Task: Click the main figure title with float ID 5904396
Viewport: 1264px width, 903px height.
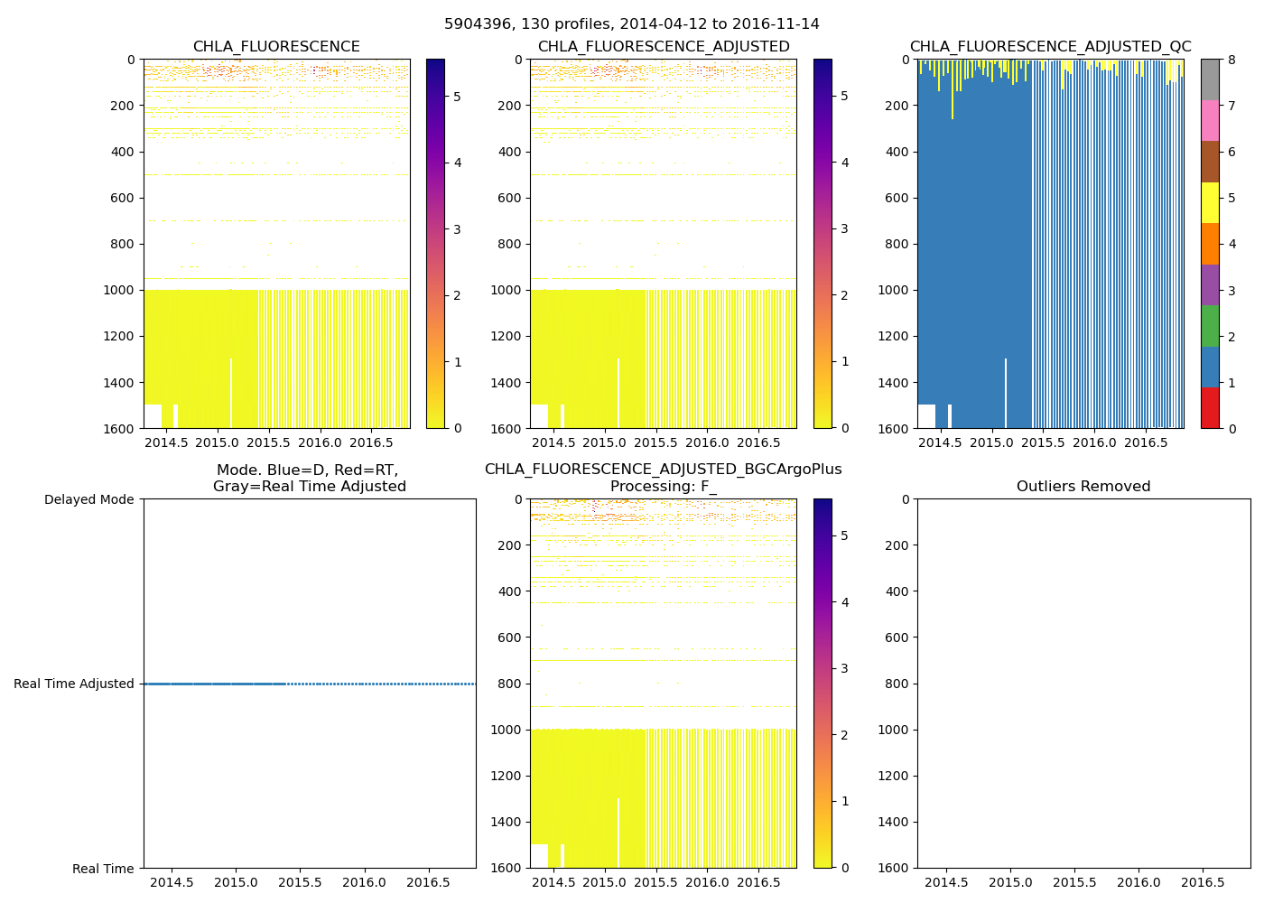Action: click(632, 24)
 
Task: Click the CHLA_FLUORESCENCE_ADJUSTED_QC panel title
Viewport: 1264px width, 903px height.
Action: click(1050, 47)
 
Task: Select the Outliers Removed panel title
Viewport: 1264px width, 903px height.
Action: click(1083, 487)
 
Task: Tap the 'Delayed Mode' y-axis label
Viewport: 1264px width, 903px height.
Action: click(88, 499)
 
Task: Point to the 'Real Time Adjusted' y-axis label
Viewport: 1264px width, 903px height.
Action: click(74, 684)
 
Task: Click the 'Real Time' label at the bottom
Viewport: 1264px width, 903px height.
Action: click(103, 869)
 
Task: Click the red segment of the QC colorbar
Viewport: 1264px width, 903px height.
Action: click(1210, 407)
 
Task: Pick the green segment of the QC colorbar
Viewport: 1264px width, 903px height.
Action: click(1210, 325)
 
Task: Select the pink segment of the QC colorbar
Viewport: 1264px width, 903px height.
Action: click(1210, 120)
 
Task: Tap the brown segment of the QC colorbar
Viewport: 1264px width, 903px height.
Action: click(1210, 161)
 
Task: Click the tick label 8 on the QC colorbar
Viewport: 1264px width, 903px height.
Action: click(1232, 60)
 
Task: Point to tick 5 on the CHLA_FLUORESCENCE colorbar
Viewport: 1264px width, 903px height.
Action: click(458, 97)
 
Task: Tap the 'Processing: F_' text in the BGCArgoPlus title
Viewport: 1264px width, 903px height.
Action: click(663, 487)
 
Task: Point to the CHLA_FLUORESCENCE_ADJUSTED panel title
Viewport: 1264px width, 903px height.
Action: click(664, 47)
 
